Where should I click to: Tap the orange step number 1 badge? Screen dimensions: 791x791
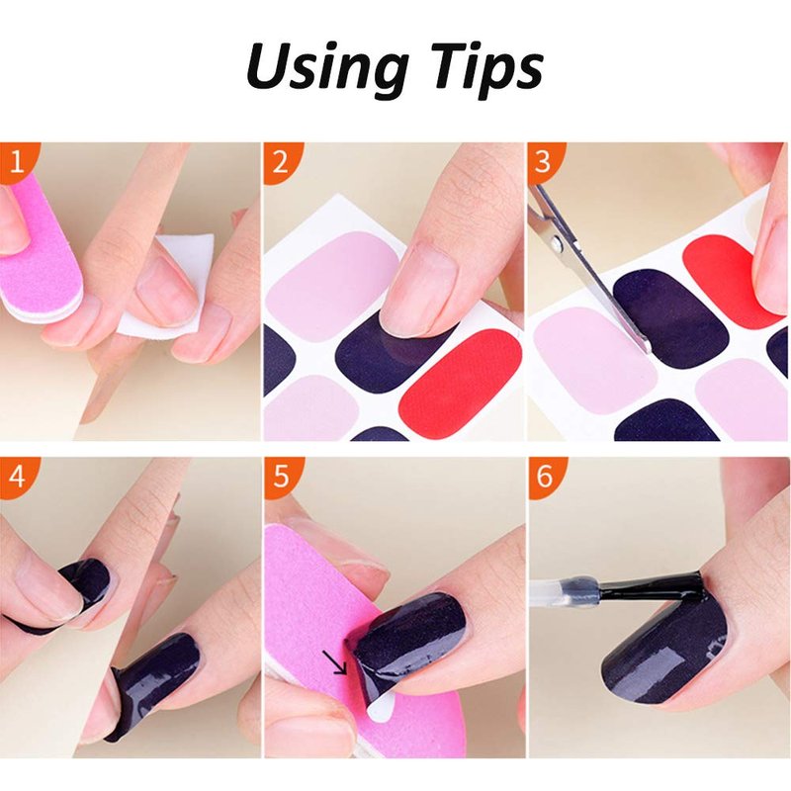tap(17, 160)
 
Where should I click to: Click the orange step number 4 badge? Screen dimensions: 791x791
tap(17, 476)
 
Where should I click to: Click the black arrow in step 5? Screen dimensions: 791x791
tap(334, 662)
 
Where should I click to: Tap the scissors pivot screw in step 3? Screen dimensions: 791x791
tap(557, 244)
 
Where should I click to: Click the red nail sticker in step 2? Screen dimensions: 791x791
tap(460, 378)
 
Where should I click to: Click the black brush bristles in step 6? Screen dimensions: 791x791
tap(651, 586)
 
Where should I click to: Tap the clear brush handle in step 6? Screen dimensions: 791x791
tap(564, 590)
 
